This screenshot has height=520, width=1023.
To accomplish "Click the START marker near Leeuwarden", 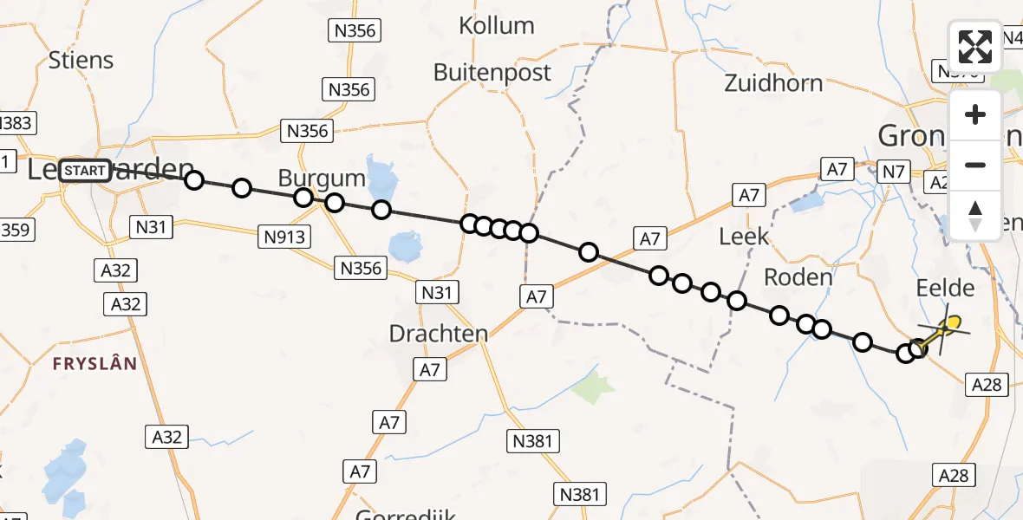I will tap(85, 171).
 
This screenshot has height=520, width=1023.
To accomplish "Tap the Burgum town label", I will tap(322, 179).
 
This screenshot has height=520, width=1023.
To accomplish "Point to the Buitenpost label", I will tap(492, 73).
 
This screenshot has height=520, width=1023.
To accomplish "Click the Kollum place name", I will tap(496, 26).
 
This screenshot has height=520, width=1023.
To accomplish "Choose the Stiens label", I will tap(81, 61).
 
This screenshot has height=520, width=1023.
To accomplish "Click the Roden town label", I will tap(798, 277).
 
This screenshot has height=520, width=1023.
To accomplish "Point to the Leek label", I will tap(744, 236).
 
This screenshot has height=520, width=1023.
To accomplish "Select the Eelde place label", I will tap(945, 289).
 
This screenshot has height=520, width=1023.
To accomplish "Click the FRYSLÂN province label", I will tap(94, 364).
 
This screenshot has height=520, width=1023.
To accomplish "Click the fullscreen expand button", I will tap(975, 47).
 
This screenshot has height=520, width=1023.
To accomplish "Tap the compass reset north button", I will tap(975, 215).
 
